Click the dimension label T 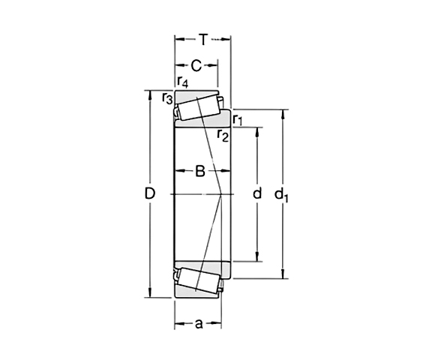[202, 37]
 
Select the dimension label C [196, 64]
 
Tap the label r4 [182, 82]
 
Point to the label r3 [166, 97]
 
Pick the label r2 [222, 135]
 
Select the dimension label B [200, 171]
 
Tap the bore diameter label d [257, 194]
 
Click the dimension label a [198, 324]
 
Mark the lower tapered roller [198, 278]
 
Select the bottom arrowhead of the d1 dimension [283, 275]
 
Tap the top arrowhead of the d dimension [257, 130]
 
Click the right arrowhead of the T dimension [226, 37]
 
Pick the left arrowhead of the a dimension [178, 325]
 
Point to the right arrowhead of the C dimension [216, 65]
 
